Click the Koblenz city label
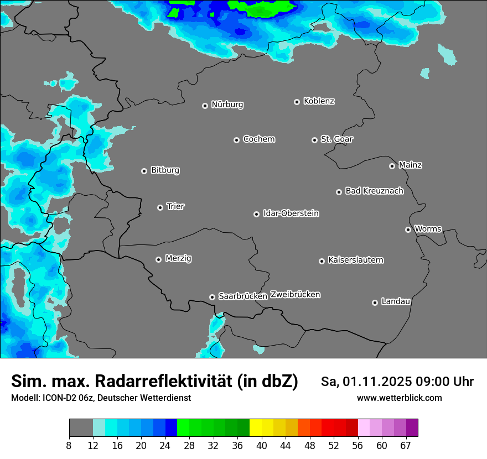pos(319,101)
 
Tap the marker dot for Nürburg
pos(205,106)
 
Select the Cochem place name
pos(258,139)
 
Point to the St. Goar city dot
pos(314,140)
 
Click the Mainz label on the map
pos(410,165)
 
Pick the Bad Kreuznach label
pos(374,191)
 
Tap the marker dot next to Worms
pos(408,229)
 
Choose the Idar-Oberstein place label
pos(291,213)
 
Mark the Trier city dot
pos(160,207)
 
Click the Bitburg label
pos(165,170)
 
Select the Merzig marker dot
pos(158,259)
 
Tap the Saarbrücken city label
pos(243,296)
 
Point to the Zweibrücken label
pos(295,295)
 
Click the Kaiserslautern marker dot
pos(322,261)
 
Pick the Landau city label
pos(396,301)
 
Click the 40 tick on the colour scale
pos(261,445)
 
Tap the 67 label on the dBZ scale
pos(406,445)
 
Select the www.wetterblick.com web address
pos(399,398)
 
